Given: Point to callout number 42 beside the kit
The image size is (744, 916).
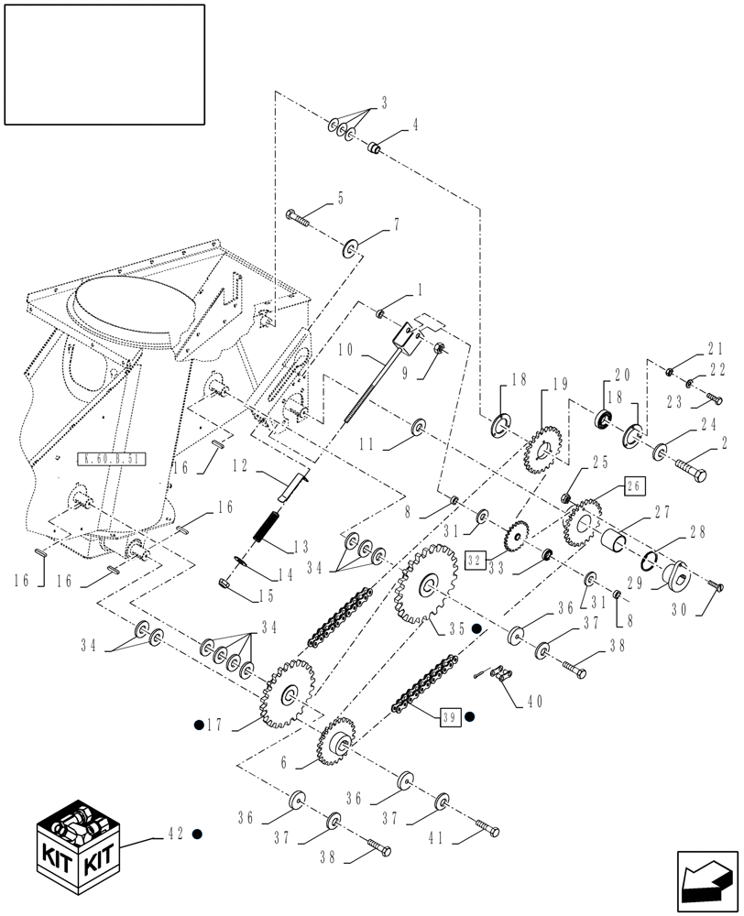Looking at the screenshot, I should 174,834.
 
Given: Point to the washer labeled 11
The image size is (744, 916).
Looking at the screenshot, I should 419,426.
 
